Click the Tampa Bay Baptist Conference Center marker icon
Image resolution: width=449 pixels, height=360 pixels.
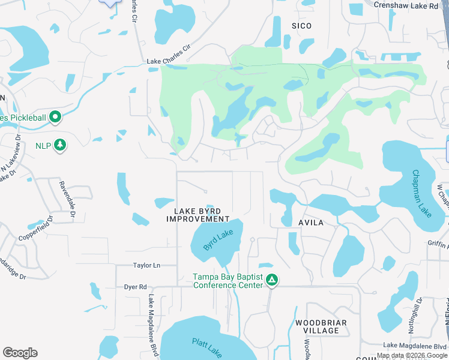(x=271, y=280)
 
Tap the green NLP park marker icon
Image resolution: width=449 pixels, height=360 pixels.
(x=59, y=145)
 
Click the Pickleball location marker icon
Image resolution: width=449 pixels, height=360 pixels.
(x=55, y=116)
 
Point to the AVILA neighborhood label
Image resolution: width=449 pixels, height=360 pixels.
(x=311, y=223)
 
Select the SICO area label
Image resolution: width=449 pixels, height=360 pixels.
(x=301, y=26)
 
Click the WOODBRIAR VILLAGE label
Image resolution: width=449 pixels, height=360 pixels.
(x=321, y=326)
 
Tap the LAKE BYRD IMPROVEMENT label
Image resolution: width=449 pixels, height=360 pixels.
(x=197, y=215)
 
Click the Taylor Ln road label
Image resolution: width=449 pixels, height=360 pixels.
(x=146, y=265)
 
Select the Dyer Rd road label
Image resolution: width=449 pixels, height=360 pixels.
(x=135, y=287)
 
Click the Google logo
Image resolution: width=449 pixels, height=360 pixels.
(x=20, y=353)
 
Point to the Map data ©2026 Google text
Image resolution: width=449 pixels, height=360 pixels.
(x=412, y=355)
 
